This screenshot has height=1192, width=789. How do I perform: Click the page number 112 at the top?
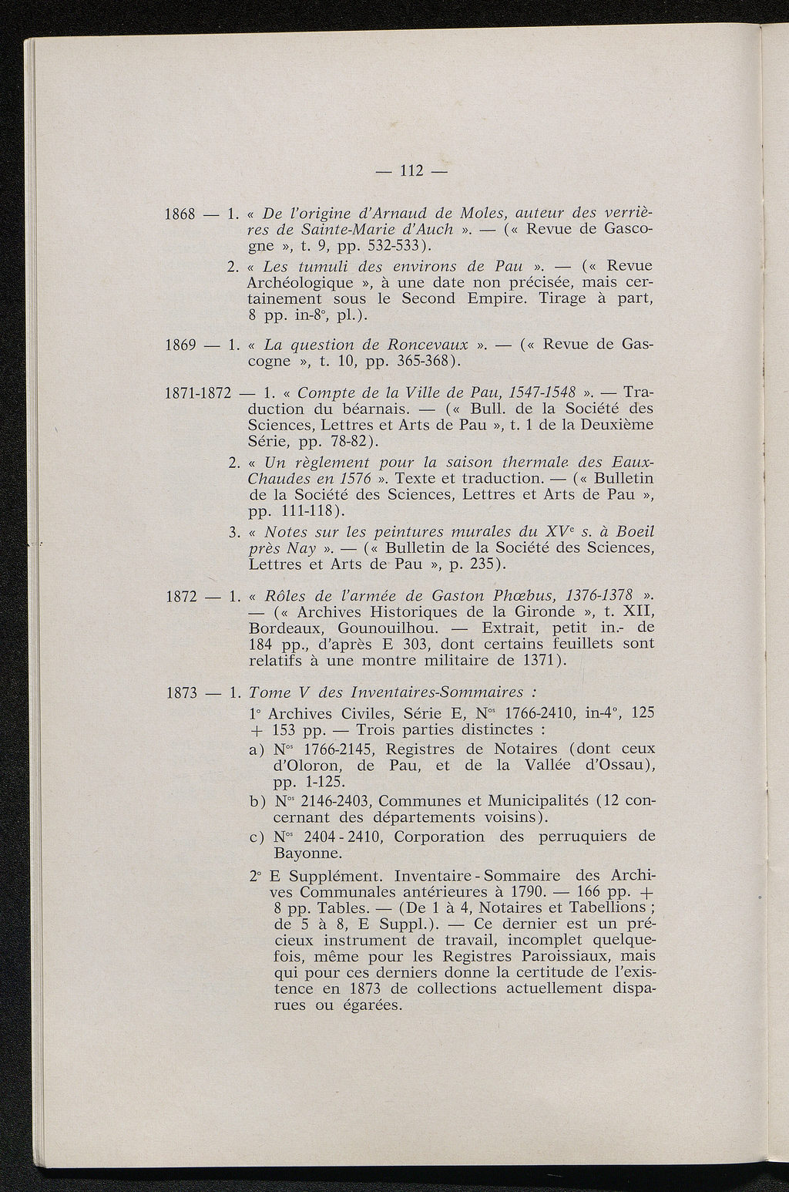pyautogui.click(x=408, y=170)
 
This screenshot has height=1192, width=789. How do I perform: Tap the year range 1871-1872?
pyautogui.click(x=199, y=393)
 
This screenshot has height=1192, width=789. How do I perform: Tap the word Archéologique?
pyautogui.click(x=305, y=282)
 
